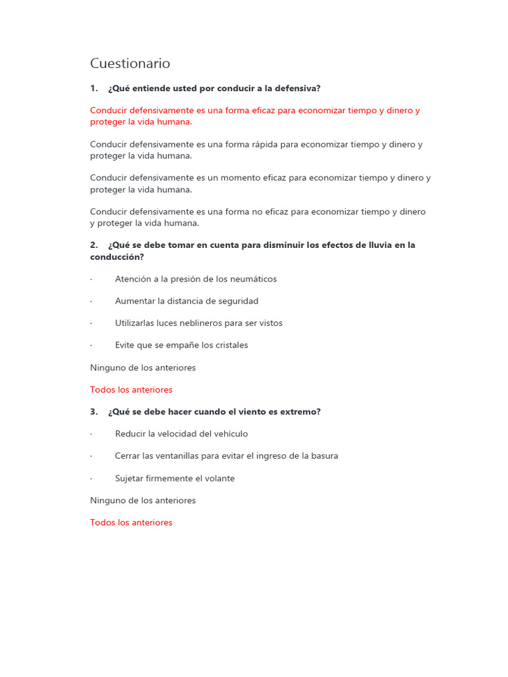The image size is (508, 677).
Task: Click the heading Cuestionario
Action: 130,63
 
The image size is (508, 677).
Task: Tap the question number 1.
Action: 93,89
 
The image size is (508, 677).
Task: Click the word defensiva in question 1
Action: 298,89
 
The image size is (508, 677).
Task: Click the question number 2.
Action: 93,245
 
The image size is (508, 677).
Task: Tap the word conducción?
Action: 117,257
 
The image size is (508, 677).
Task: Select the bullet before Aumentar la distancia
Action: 91,301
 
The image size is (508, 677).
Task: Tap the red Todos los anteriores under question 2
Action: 131,390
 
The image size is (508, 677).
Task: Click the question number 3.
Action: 93,412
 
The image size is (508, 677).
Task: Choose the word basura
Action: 323,456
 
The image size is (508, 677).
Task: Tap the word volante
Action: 219,479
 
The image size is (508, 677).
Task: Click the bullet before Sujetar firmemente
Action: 91,479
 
